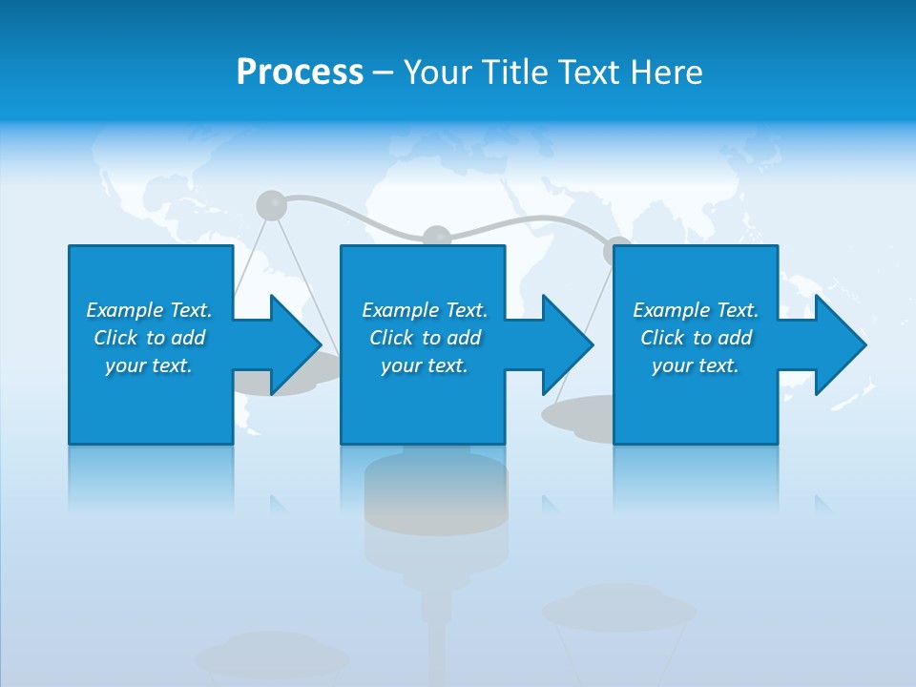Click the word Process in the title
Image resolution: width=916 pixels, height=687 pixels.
(300, 73)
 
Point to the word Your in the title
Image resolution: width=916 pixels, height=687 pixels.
(435, 73)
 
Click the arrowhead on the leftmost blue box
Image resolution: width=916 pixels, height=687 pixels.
(296, 344)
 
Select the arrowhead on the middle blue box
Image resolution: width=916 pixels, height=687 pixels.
(568, 344)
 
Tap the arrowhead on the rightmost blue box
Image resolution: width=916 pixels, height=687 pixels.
(840, 344)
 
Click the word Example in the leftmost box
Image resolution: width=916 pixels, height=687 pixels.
(124, 310)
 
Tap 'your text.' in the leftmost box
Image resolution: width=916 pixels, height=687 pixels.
(149, 365)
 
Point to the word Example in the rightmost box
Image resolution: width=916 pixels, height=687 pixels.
(671, 310)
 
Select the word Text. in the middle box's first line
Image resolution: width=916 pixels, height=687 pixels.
(463, 310)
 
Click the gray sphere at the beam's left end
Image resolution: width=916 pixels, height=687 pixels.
(271, 204)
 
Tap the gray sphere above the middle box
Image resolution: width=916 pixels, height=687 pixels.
(436, 236)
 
